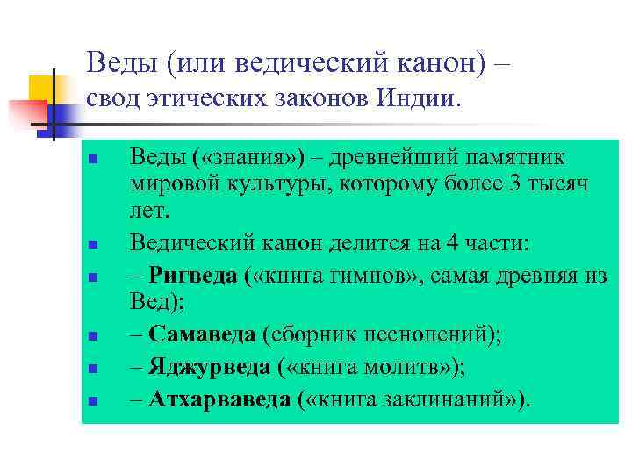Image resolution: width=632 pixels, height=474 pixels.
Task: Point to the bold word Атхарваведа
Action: (x=219, y=399)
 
